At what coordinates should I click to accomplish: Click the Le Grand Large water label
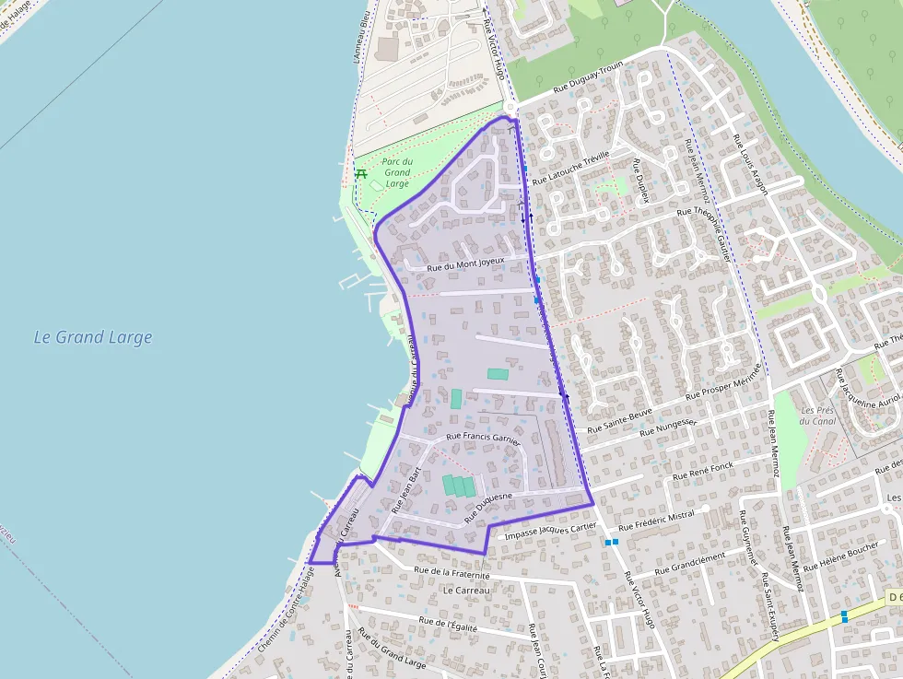click(x=93, y=337)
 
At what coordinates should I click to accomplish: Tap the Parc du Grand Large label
click(x=397, y=172)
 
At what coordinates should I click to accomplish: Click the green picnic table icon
click(x=361, y=172)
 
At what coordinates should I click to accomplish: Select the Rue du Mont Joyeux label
click(x=464, y=263)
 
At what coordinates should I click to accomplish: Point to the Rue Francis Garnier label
click(x=483, y=439)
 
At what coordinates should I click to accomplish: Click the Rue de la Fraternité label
click(x=451, y=572)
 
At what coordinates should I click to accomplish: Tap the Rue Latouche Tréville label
click(x=571, y=167)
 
